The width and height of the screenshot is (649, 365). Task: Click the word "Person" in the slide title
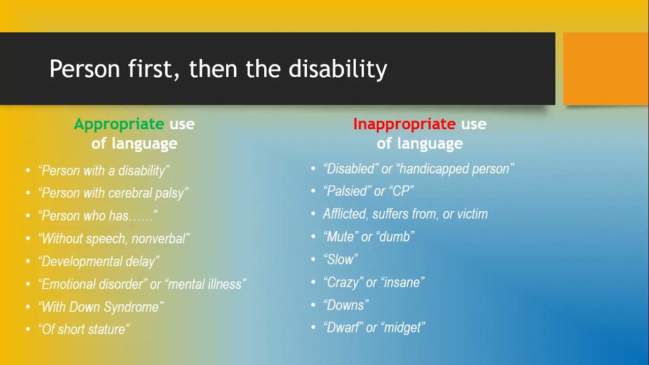[x=85, y=68]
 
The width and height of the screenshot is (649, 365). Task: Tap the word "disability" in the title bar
[x=338, y=69]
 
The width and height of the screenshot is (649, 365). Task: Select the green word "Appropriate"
[x=119, y=125]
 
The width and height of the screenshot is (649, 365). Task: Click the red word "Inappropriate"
[x=405, y=125]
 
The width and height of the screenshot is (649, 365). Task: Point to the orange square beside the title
[x=605, y=68]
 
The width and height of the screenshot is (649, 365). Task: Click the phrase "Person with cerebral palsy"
[x=113, y=193]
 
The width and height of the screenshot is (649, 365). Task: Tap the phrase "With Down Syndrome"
[x=101, y=307]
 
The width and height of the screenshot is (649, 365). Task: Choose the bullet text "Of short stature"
[x=84, y=330]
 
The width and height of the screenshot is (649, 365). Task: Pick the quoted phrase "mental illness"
[x=205, y=284]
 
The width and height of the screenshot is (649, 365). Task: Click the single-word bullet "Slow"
[x=341, y=260]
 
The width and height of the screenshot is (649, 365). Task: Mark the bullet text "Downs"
[x=346, y=305]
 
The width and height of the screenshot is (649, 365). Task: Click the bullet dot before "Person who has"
[x=28, y=216]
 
